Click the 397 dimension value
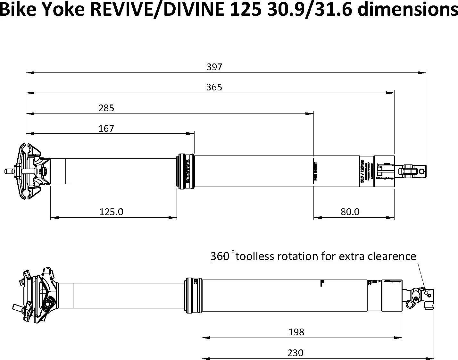point(214,67)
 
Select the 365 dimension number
point(214,87)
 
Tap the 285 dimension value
point(106,108)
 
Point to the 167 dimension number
point(106,129)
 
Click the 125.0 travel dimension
point(111,212)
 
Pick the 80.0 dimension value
point(350,212)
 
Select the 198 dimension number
point(296,332)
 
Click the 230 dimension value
point(295,353)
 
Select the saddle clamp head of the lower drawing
point(37,295)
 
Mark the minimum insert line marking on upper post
point(315,171)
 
